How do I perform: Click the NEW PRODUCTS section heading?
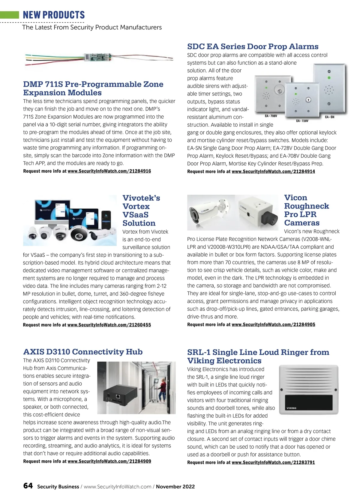pos(54,15)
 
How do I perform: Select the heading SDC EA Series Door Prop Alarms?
pos(253,47)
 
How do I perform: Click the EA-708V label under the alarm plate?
pos(271,116)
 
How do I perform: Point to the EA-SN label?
pos(329,117)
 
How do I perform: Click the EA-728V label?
pos(302,121)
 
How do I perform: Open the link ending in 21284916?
pos(109,171)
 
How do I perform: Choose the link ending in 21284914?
pos(273,171)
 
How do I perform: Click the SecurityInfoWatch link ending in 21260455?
pos(109,325)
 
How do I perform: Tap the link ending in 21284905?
pos(273,325)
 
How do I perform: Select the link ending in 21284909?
pos(109,461)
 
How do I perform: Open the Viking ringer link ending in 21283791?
pos(273,462)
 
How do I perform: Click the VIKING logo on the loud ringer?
pos(291,408)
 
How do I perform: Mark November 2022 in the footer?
pos(175,487)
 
